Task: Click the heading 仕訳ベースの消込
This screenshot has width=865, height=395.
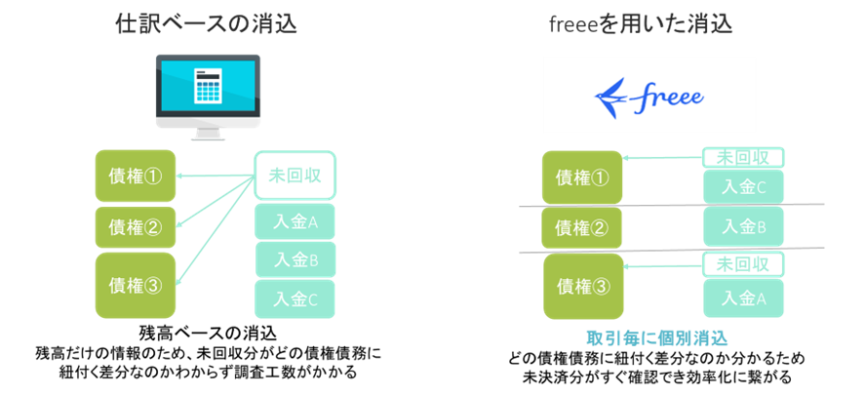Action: [x=206, y=23]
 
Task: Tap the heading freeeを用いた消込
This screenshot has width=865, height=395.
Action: [x=640, y=23]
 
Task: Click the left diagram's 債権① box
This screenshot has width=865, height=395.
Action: [x=136, y=176]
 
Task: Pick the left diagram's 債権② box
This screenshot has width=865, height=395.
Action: [x=136, y=226]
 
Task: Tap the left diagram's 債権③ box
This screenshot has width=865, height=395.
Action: [x=136, y=285]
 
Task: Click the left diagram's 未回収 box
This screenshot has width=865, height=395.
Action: [x=295, y=176]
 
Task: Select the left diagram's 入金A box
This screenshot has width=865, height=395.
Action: [x=295, y=222]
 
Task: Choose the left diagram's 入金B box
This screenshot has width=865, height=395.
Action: [x=295, y=260]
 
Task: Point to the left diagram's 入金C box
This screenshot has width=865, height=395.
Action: [x=295, y=299]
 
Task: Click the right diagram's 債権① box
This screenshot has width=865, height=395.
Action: [x=582, y=178]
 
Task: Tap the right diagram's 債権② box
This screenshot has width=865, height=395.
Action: [x=582, y=228]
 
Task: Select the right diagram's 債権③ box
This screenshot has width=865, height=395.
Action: [x=582, y=287]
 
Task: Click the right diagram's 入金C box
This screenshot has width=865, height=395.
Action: [x=743, y=186]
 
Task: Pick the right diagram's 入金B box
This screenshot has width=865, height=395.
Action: [x=743, y=226]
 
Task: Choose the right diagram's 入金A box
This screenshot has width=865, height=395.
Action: [x=743, y=297]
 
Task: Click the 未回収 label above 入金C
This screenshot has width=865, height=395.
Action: [x=743, y=157]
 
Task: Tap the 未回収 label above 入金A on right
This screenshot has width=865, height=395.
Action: [x=743, y=264]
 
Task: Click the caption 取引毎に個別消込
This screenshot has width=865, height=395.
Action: [x=657, y=338]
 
